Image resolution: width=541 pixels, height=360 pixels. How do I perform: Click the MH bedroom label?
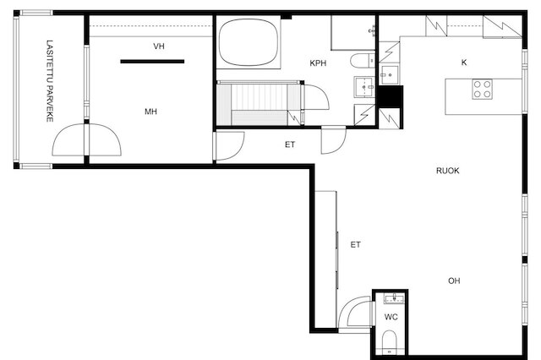point(150,112)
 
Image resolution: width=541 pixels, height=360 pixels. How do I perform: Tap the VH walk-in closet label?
point(159,46)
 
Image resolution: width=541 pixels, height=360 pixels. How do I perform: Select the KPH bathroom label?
point(318,63)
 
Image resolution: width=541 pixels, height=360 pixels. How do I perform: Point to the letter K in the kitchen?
point(464,63)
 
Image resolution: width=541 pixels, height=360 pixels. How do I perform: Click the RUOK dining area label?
point(447,171)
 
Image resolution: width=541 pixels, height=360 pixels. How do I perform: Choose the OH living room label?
point(454,281)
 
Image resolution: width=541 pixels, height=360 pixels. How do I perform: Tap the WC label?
point(391,317)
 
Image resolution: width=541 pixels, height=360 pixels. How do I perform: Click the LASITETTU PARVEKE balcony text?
point(50,81)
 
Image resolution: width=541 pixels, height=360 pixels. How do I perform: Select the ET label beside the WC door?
point(355,245)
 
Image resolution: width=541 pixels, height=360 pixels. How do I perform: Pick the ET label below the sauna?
point(290,145)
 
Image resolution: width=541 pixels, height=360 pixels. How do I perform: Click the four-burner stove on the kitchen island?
point(483,89)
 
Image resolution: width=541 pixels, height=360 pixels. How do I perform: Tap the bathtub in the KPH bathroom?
point(248,43)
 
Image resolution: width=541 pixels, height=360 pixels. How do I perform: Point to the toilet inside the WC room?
point(390,342)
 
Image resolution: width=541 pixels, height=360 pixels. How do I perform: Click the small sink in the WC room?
point(394,298)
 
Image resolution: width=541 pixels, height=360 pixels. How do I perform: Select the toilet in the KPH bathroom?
point(363,61)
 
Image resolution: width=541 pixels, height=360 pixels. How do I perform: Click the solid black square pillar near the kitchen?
point(391,97)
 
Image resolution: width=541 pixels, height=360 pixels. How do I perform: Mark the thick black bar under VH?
point(152,62)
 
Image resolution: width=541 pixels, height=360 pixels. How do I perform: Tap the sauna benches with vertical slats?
point(259,103)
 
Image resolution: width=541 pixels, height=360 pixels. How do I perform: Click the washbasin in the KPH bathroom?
point(364,87)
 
